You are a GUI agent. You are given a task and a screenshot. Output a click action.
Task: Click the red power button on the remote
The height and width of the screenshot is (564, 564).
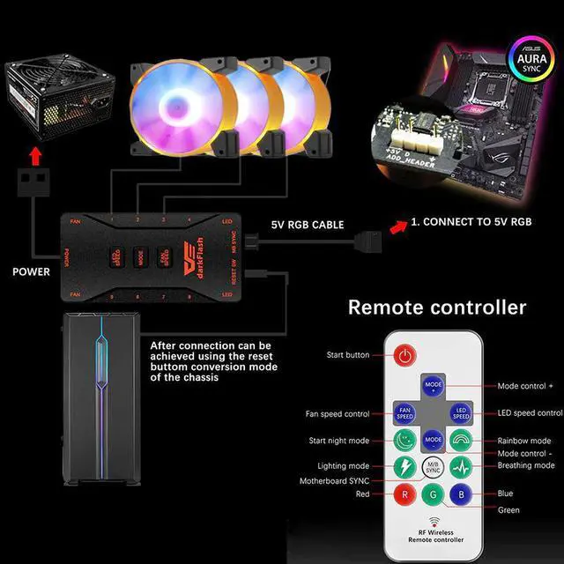tap(404, 356)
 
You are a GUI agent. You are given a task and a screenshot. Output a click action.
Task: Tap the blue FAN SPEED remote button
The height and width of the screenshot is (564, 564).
tap(404, 412)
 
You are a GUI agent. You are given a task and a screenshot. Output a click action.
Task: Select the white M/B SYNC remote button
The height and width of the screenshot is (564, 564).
tap(433, 467)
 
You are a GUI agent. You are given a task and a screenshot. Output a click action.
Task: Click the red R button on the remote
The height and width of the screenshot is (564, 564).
tap(404, 494)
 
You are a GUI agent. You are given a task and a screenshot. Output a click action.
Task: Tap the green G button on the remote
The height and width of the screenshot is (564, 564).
tap(433, 496)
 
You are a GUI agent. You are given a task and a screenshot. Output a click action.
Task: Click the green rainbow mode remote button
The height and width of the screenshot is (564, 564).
tap(462, 440)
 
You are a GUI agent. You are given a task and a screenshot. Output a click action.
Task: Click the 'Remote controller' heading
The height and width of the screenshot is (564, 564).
tap(437, 308)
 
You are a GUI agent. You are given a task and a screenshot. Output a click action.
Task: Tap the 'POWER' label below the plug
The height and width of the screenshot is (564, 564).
tap(31, 271)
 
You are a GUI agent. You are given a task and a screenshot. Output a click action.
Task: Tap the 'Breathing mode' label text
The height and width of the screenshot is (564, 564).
tap(526, 465)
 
